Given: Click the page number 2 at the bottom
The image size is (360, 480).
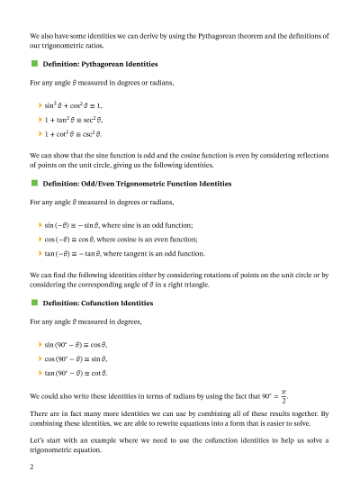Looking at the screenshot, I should coord(32,468).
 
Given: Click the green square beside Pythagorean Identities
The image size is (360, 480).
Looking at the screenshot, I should coord(34,65).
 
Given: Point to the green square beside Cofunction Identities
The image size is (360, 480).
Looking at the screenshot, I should coord(34,302).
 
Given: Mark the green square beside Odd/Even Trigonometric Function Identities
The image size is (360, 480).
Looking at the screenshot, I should coord(34,183).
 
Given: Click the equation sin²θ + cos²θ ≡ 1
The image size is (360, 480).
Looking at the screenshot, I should coord(75,105).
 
